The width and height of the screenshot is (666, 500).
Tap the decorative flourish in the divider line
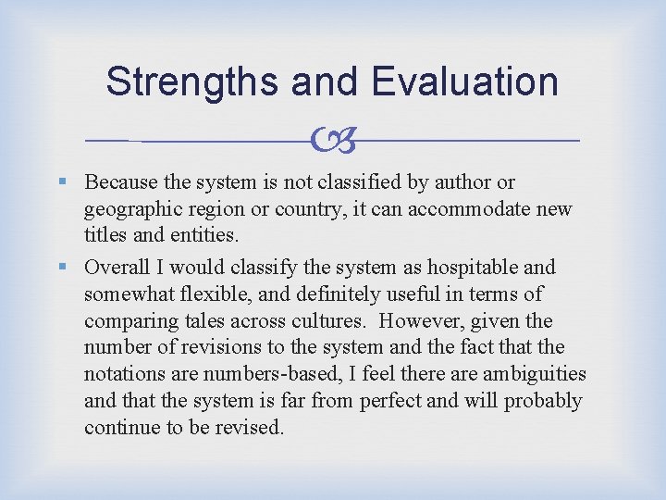pyautogui.click(x=332, y=141)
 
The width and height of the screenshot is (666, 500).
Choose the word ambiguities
pyautogui.click(x=533, y=375)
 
